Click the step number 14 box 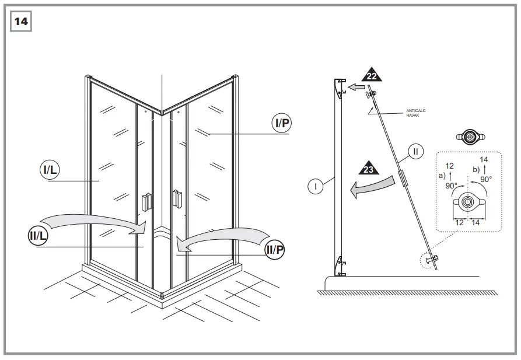coord(20,22)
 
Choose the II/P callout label coord(275,249)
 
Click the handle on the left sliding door coord(146,201)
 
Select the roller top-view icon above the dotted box coord(470,137)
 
